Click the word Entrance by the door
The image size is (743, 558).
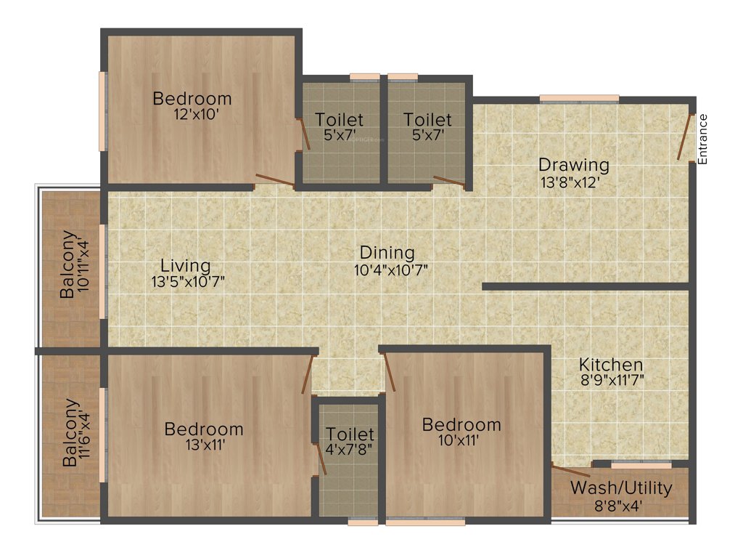click(702, 139)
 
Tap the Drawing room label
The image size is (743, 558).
click(573, 165)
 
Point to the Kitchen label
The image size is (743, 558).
click(610, 365)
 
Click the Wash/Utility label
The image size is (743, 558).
click(620, 488)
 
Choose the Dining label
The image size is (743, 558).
click(387, 254)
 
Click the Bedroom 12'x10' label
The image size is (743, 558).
click(192, 99)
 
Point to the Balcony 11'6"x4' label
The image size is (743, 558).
click(76, 433)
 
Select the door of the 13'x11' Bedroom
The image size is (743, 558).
click(308, 374)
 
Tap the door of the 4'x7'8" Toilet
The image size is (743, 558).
click(320, 458)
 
